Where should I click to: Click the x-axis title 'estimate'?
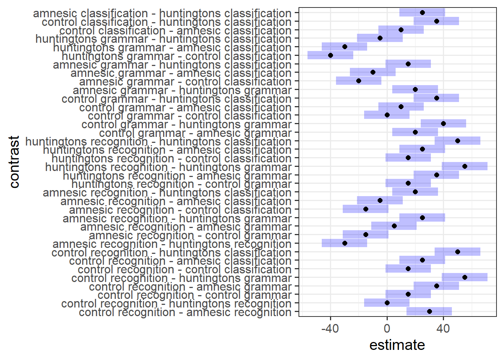(x=397, y=345)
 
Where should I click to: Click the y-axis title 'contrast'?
(x=14, y=162)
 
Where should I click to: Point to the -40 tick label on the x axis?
(x=330, y=329)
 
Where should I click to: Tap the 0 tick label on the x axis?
(x=387, y=329)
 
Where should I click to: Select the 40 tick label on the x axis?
(x=443, y=329)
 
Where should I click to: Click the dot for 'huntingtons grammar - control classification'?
(x=330, y=55)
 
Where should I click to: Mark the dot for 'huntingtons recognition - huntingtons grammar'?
(x=465, y=166)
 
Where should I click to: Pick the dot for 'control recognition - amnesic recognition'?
(x=429, y=312)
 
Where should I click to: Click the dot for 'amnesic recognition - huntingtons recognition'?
(x=345, y=243)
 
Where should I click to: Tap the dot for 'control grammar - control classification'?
(x=387, y=115)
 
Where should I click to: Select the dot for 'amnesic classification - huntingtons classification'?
(x=422, y=12)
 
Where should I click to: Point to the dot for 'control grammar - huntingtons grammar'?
(x=443, y=123)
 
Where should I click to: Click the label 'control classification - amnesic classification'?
(x=175, y=31)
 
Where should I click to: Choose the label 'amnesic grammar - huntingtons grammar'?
(x=182, y=90)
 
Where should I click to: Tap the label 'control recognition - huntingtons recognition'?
(x=176, y=304)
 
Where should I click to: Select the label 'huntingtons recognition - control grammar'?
(x=181, y=184)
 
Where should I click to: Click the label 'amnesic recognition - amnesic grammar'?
(x=186, y=227)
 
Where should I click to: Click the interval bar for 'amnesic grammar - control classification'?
(x=358, y=81)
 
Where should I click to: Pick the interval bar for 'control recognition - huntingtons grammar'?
(x=465, y=277)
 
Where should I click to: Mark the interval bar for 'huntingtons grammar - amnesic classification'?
(x=345, y=47)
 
